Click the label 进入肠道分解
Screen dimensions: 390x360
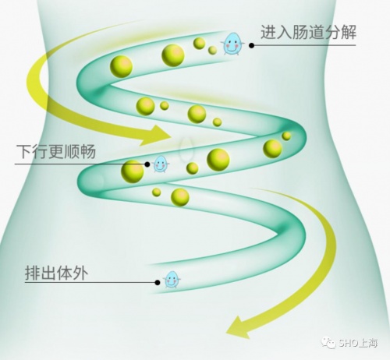[308, 32]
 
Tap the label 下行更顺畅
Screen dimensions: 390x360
[56, 151]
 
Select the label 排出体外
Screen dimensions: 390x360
[56, 273]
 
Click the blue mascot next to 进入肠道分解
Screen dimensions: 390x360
[233, 44]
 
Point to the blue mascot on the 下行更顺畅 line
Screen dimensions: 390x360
[161, 164]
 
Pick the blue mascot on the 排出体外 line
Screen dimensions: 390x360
[172, 280]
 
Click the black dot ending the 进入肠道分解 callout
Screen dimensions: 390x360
[251, 45]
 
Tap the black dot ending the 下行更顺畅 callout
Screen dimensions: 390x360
[147, 164]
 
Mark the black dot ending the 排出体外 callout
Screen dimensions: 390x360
[158, 282]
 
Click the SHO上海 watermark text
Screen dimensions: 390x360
[358, 343]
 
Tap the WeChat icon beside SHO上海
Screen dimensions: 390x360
[329, 343]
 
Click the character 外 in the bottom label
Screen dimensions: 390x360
[80, 273]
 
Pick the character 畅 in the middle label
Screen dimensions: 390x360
[88, 151]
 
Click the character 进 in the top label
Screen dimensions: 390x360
[268, 32]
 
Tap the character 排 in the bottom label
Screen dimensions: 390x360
[33, 273]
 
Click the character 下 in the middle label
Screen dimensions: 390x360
[24, 151]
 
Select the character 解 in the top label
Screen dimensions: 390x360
[348, 32]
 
